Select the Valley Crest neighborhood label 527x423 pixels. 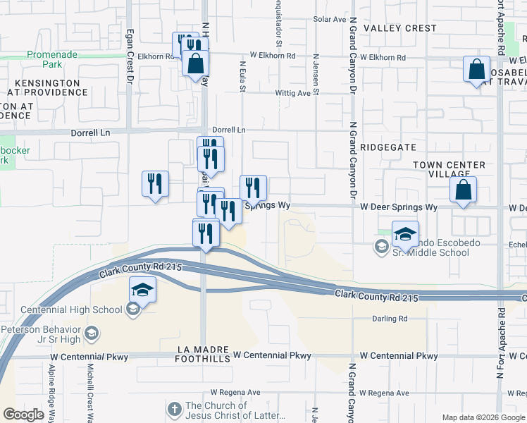pos(399,28)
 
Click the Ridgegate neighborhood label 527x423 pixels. pos(387,148)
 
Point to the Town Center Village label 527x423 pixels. pos(449,169)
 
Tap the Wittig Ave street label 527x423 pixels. pos(292,93)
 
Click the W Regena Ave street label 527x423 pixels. pos(382,392)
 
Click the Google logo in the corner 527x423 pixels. pos(23,415)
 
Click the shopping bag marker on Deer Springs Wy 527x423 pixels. pos(463,190)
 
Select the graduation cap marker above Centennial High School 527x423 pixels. pos(142,290)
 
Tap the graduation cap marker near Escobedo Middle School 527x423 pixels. pos(405,233)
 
